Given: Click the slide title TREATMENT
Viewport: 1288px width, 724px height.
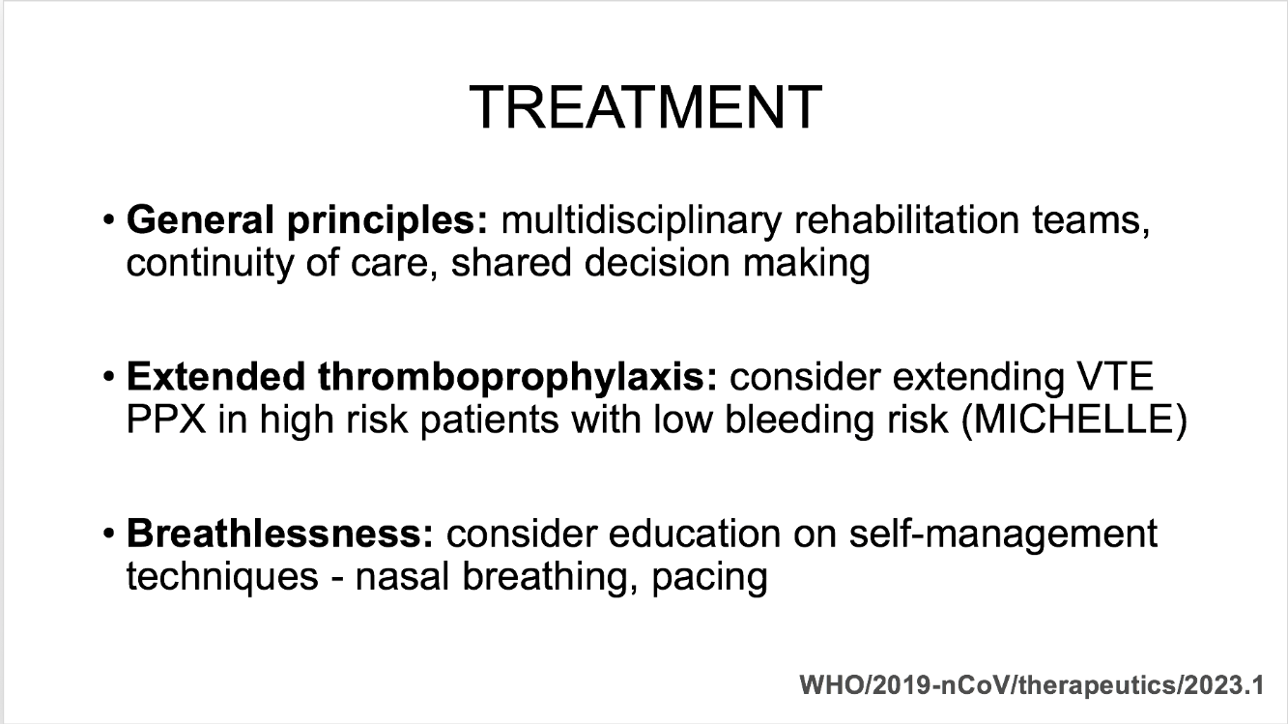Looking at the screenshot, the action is point(645,107).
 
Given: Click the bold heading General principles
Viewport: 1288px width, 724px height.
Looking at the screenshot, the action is point(307,221).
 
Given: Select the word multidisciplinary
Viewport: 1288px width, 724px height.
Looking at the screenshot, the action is point(642,221).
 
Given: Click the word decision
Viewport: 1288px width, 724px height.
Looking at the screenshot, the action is point(657,263).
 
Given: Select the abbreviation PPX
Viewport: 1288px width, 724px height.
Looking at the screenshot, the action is point(165,420).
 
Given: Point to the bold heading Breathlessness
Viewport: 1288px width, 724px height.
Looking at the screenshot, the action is point(280,534).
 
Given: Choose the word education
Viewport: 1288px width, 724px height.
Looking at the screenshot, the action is point(694,534).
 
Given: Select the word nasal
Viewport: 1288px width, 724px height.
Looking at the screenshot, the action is point(402,577).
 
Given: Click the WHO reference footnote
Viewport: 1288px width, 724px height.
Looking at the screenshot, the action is point(1032,685).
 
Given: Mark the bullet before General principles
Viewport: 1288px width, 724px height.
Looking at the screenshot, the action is point(108,220).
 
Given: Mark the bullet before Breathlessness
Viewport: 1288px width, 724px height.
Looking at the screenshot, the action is point(108,535).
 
